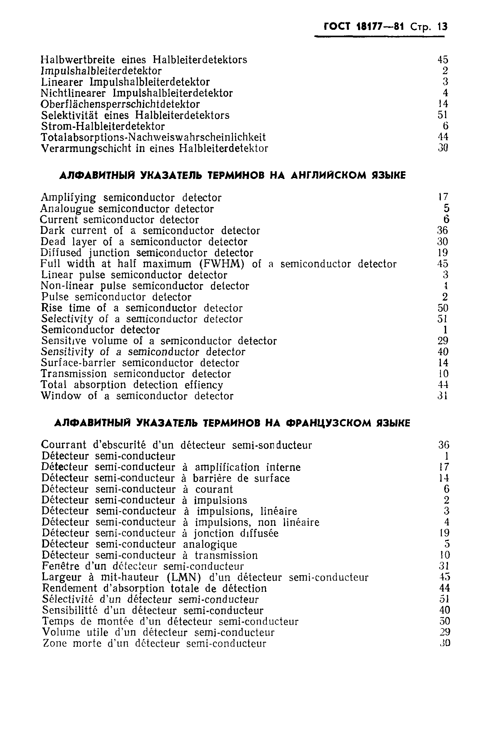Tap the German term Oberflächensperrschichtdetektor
pos(120,104)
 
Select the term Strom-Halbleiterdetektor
pos(103,127)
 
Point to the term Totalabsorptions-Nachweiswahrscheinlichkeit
pos(153,137)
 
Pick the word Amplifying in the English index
pos(68,198)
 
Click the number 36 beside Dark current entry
pos(442,231)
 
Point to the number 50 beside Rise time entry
pos(442,308)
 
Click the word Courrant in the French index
pos(63,445)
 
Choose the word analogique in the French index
pos(210,544)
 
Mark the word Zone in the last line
pos(54,644)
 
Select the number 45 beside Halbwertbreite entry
pos(443,60)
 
